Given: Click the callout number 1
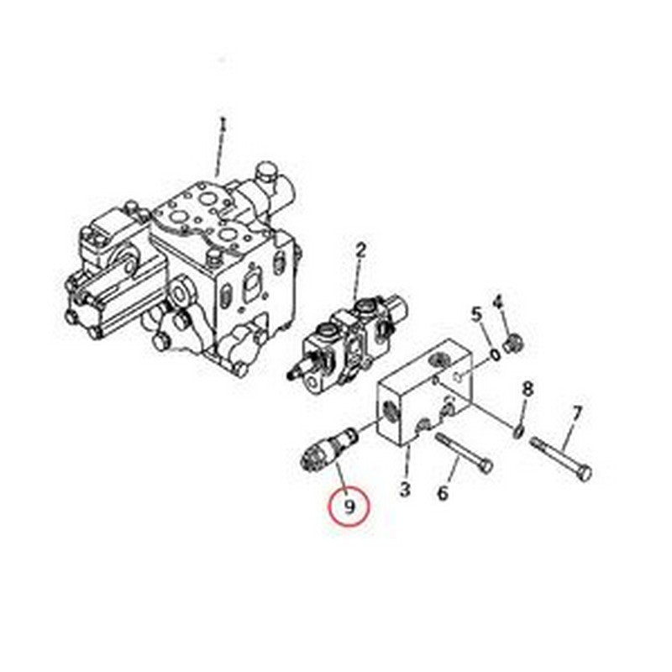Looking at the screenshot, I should coord(223,125).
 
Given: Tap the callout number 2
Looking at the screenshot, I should coord(360,249).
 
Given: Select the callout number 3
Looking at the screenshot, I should coord(404,487).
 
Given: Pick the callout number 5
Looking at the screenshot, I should coord(476,315).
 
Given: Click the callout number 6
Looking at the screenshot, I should coord(444,492).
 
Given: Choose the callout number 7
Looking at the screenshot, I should coord(576,414).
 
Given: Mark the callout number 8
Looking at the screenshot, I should coord(527,389).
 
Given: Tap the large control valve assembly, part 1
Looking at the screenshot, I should coord(185,269).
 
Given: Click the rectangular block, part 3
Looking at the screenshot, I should coord(424,395).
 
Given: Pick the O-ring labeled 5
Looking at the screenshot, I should coord(496,354).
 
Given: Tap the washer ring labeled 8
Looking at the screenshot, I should coord(519,431).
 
